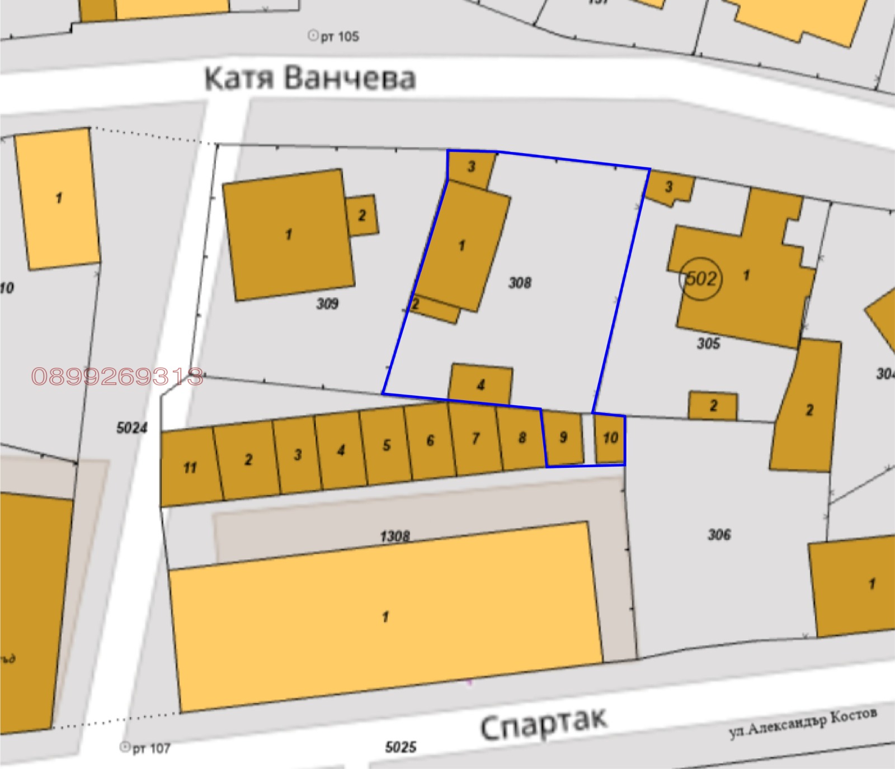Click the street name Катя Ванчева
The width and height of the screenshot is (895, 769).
pos(310,78)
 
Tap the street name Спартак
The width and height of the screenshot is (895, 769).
pos(543,724)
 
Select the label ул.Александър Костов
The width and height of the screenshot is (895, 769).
pos(803,723)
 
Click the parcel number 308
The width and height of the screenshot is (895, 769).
pos(520,283)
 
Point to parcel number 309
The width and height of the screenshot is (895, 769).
pos(327,303)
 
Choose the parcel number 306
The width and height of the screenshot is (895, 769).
pos(719,535)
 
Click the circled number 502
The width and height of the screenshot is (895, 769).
pos(700,278)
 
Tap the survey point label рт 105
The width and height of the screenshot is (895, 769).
pos(334,37)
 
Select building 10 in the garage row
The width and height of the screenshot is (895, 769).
pos(610,438)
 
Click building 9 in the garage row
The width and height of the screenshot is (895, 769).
pos(563,437)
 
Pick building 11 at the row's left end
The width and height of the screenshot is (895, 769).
pos(190,468)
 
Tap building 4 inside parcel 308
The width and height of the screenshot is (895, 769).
pos(481,385)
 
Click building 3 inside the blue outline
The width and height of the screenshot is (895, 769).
pos(471,167)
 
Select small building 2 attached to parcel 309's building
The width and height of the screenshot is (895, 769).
pos(362,215)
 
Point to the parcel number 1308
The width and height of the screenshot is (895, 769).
pos(395,537)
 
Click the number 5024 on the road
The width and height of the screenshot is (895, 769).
pos(132,428)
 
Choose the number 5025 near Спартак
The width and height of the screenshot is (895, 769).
pos(401,747)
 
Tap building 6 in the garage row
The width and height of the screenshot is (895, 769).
pos(430,441)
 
